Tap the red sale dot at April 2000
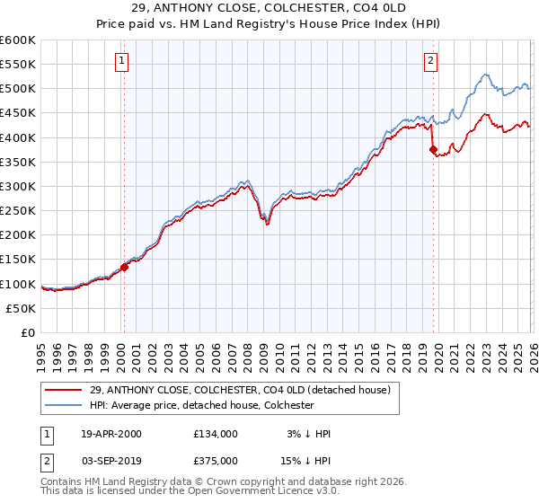[x=124, y=267]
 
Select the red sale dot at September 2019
[x=433, y=150]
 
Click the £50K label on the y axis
[x=21, y=308]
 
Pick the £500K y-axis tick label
[x=18, y=89]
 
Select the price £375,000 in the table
[x=216, y=460]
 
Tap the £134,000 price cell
[x=216, y=434]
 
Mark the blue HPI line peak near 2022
[x=484, y=75]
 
